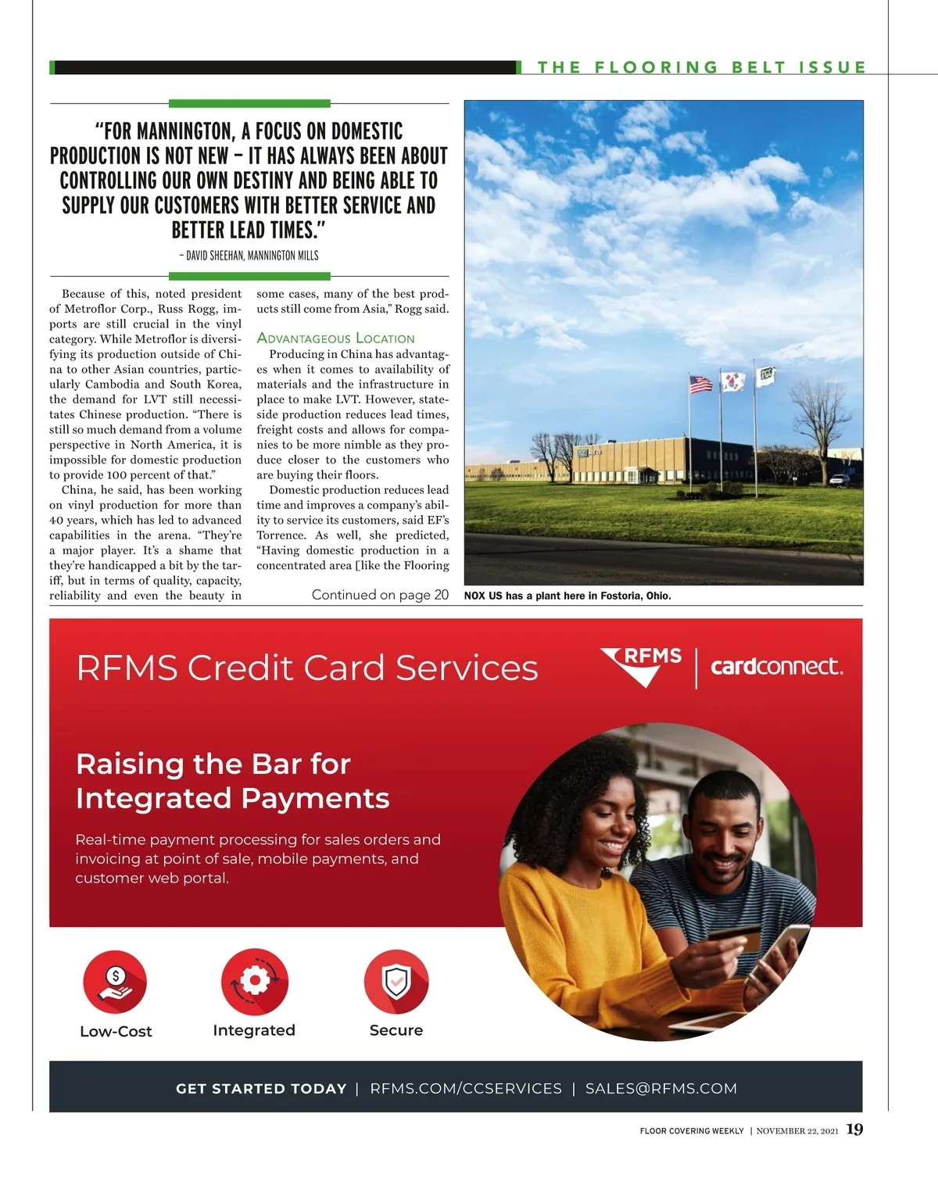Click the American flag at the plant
[x=700, y=384]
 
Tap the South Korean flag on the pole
[x=732, y=381]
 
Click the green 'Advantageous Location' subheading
[x=335, y=338]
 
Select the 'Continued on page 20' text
[x=380, y=595]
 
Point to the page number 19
[x=854, y=1130]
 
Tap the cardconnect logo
[x=776, y=667]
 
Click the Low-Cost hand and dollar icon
[x=116, y=982]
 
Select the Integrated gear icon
[x=254, y=982]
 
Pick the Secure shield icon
[x=396, y=982]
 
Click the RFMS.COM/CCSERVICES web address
[x=466, y=1088]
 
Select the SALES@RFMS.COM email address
[x=661, y=1088]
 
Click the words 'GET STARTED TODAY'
[x=261, y=1088]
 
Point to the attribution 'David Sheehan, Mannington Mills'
[x=249, y=256]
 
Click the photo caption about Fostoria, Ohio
[x=567, y=596]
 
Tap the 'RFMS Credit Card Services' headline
[x=307, y=668]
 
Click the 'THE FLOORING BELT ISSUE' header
[x=701, y=67]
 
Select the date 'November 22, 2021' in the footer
[x=797, y=1131]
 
